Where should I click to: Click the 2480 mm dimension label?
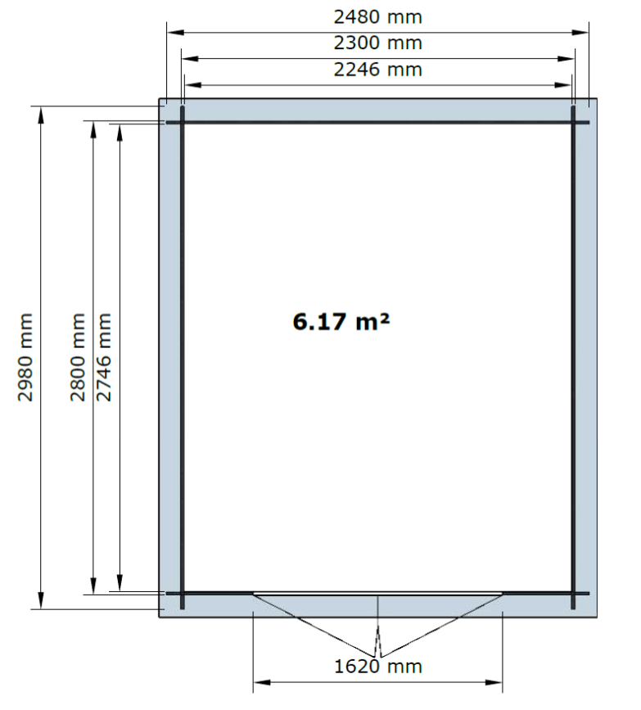pos(378,17)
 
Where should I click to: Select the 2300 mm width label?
pos(378,43)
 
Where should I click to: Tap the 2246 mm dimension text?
pos(378,70)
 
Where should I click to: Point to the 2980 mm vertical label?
pos(25,357)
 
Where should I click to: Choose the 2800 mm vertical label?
pos(78,357)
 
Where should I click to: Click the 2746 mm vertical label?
pos(104,357)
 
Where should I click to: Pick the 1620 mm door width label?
pos(378,667)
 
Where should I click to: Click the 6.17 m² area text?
pos(341,321)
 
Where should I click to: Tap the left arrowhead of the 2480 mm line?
pos(176,32)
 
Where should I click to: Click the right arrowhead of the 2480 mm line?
pos(580,32)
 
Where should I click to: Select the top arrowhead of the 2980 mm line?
pos(41,115)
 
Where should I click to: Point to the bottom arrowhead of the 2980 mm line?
pos(41,600)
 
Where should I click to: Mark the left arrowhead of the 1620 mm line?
pos(262,682)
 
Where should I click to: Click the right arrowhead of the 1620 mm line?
pos(494,682)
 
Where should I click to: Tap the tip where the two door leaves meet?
pos(378,657)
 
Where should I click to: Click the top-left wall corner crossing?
pos(183,122)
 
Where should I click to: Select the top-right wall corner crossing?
pos(573,122)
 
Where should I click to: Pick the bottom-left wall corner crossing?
pos(183,593)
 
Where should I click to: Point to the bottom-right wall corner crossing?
pos(573,593)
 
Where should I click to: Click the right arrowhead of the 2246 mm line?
pos(563,84)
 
